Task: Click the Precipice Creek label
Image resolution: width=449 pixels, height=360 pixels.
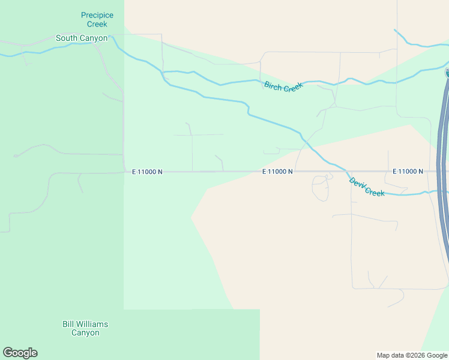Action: [x=97, y=19]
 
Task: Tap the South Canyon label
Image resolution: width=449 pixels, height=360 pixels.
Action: [x=81, y=38]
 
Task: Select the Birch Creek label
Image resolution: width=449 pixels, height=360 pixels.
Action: [x=284, y=86]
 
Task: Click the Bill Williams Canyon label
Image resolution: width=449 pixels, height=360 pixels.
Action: [x=85, y=328]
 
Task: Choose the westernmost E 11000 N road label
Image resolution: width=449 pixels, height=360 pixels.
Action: [x=147, y=172]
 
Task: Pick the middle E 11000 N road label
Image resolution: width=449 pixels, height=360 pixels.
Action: [x=277, y=172]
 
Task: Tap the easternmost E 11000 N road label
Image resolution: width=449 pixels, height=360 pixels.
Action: [x=408, y=172]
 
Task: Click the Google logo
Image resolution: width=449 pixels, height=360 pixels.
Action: [x=20, y=353]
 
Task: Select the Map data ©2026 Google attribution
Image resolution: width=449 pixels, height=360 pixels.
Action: [x=412, y=355]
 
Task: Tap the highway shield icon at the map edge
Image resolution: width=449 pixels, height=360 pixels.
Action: [x=447, y=73]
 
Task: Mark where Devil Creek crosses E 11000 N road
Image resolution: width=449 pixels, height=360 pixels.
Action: [x=344, y=171]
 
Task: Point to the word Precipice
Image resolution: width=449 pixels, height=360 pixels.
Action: [x=97, y=15]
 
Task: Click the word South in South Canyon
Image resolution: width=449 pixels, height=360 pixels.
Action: [x=67, y=38]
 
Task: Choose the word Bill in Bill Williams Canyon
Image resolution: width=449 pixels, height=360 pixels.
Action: [x=68, y=324]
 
